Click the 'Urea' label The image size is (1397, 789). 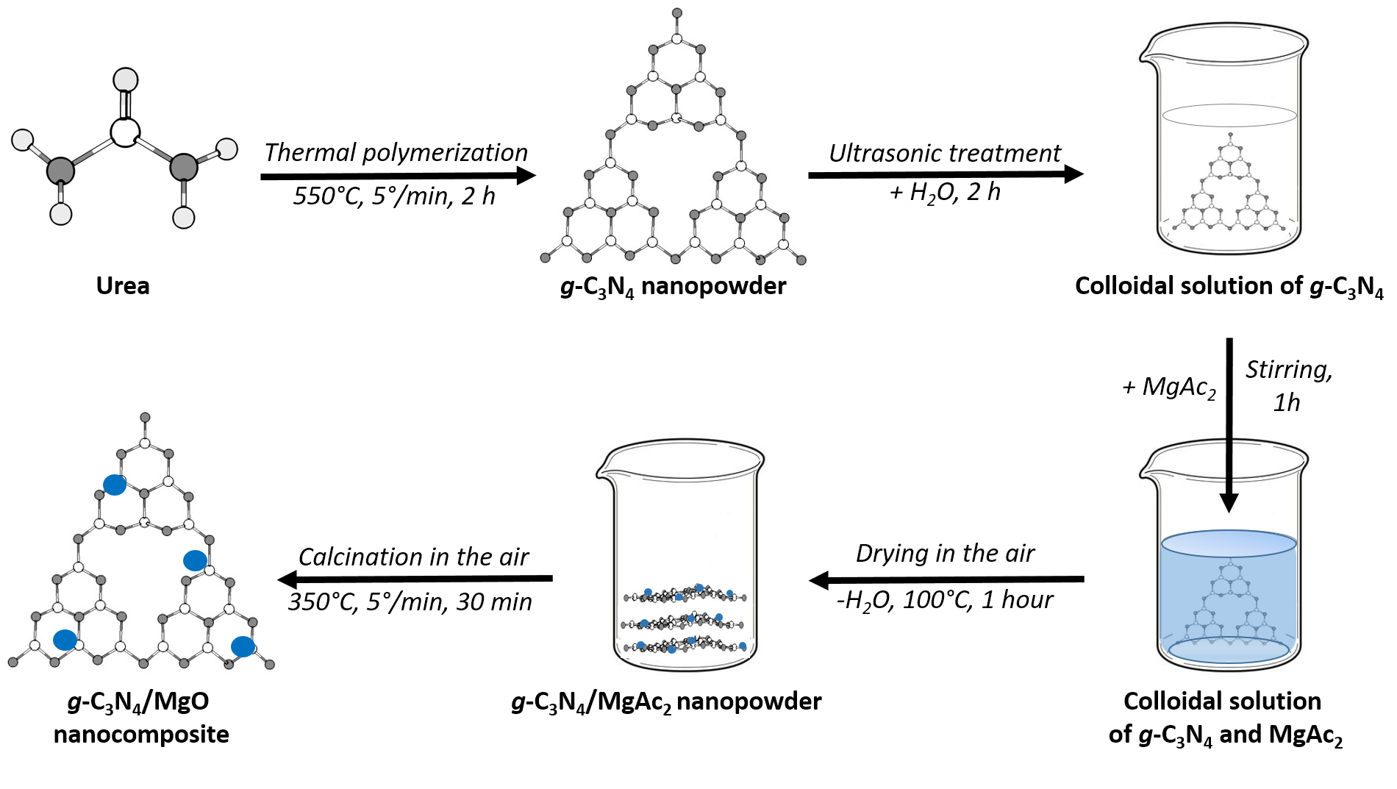pos(123,285)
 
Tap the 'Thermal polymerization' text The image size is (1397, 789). pos(396,152)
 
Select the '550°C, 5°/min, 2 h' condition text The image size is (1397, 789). pos(394,196)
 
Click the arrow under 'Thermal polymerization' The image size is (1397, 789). pos(397,176)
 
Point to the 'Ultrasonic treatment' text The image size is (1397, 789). pos(945,153)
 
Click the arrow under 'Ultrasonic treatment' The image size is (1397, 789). pos(945,174)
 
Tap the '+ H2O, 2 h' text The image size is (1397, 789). pos(945,193)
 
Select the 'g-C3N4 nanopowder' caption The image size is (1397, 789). pos(673,286)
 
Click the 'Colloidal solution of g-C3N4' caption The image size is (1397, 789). pos(1229,286)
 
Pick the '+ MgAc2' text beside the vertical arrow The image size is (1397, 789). pos(1169,387)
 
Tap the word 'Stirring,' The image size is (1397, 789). pos(1288,370)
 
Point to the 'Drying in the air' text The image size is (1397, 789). pos(945,553)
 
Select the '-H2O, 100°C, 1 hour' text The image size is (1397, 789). pos(945,600)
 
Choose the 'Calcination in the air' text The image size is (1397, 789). pos(413,557)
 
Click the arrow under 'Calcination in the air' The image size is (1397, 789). pos(415,579)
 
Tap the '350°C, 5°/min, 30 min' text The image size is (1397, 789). pos(410,601)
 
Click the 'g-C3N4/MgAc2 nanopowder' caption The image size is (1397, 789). pos(666,702)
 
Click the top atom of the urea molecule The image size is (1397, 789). pos(126,79)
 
